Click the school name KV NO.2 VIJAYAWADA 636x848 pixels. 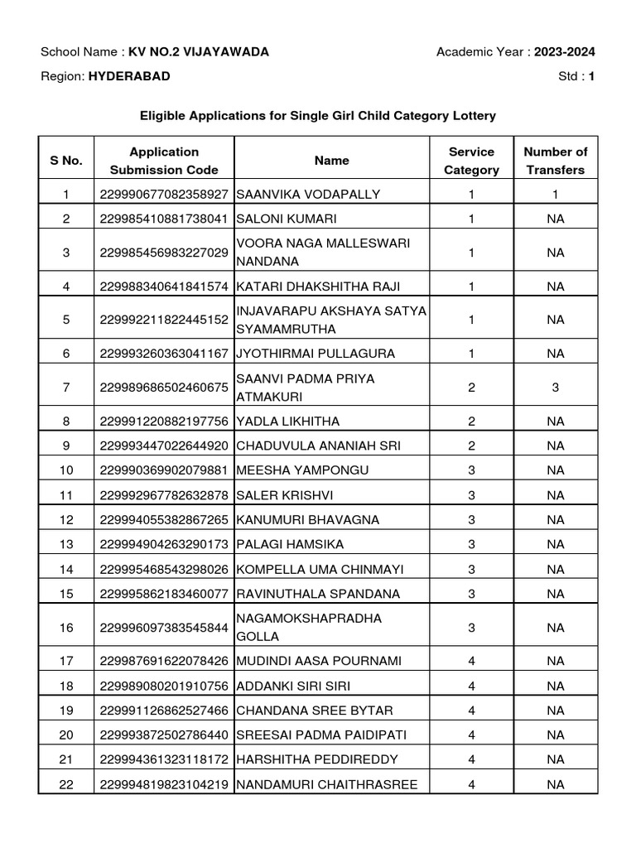point(198,52)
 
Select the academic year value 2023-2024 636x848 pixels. point(564,52)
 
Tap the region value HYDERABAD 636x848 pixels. point(129,76)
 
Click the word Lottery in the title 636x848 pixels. point(474,116)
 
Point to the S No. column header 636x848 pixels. point(66,161)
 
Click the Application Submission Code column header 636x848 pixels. point(164,161)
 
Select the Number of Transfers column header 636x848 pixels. point(555,161)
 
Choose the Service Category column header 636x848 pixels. point(471,161)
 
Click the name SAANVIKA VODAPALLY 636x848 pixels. point(308,195)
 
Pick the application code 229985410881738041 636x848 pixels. point(164,219)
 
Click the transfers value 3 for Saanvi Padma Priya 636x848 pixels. point(555,388)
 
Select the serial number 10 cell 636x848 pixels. point(66,470)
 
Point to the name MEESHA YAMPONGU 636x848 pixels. point(302,470)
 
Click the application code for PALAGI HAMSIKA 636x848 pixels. point(164,545)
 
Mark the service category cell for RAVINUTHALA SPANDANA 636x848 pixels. point(471,595)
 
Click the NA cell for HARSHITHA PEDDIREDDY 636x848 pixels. point(555,759)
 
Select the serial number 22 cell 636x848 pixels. point(66,784)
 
